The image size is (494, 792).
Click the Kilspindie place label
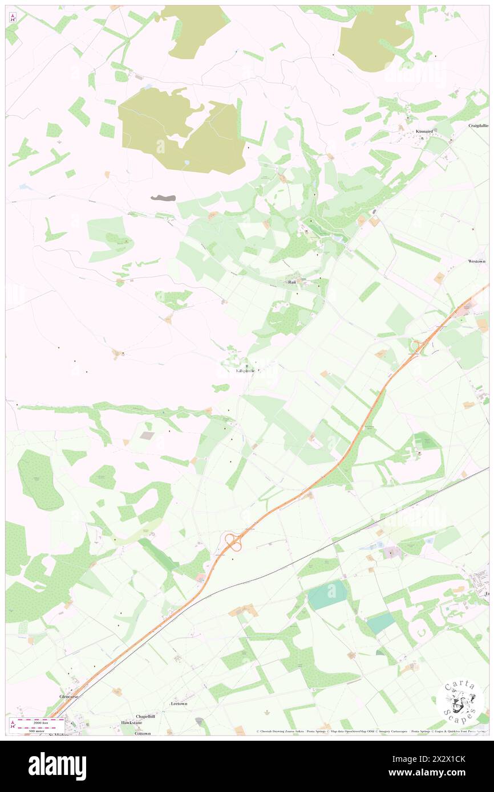pyautogui.click(x=247, y=371)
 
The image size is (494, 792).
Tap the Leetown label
pyautogui.click(x=179, y=704)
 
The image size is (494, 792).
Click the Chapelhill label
pyautogui.click(x=145, y=716)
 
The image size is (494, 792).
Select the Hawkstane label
pyautogui.click(x=130, y=722)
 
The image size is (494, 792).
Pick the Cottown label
pyautogui.click(x=143, y=733)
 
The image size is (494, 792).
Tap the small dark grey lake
pyautogui.click(x=163, y=198)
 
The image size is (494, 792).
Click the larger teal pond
pyautogui.click(x=327, y=594)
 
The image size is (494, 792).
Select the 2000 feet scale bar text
pyautogui.click(x=40, y=720)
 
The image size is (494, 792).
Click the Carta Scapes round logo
pyautogui.click(x=460, y=700)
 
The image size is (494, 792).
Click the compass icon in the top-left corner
pyautogui.click(x=13, y=18)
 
